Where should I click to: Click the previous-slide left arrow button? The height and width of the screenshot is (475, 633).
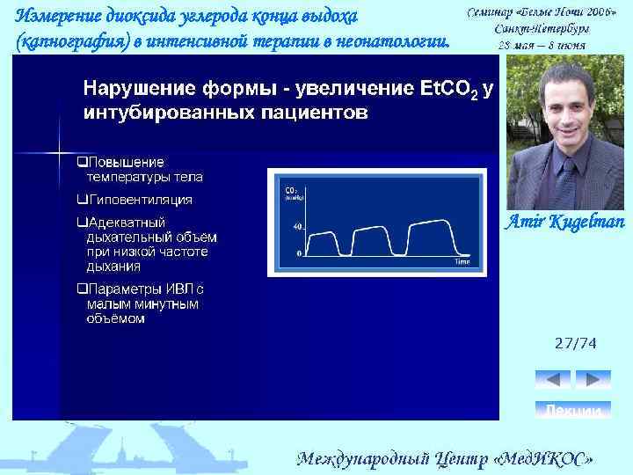553,380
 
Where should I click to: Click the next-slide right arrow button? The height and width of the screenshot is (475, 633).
593,380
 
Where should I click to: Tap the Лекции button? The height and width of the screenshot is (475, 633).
573,411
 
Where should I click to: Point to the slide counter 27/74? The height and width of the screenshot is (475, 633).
574,345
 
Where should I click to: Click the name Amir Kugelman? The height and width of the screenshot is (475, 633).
563,220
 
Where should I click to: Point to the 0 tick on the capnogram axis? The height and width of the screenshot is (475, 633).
299,253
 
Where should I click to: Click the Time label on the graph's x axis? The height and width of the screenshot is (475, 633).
462,261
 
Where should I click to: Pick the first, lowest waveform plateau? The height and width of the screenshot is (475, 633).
324,235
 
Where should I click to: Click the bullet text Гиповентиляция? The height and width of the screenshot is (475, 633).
140,200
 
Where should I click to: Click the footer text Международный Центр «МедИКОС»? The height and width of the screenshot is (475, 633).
445,458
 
